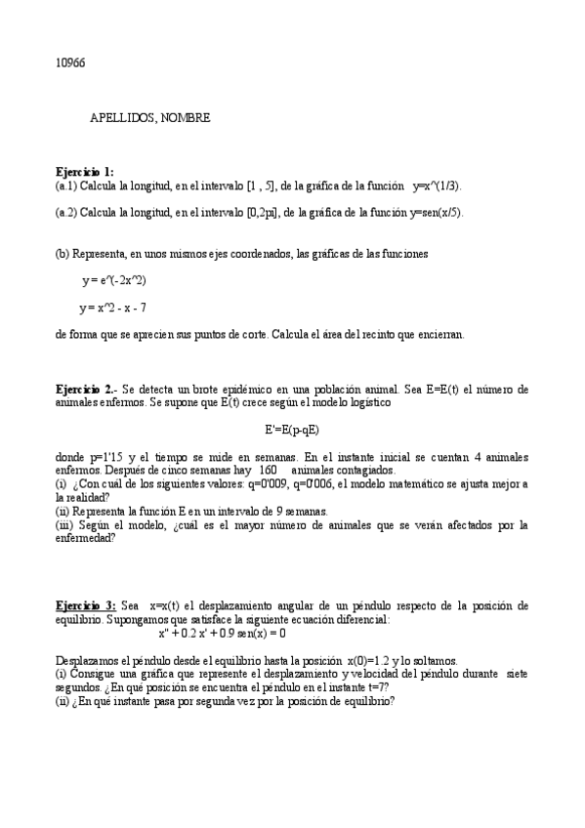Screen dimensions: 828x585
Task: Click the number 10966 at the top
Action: point(70,62)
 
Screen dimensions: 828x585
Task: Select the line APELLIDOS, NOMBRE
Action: point(149,117)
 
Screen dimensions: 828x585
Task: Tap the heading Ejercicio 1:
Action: point(84,171)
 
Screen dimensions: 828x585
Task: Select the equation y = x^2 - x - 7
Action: point(113,308)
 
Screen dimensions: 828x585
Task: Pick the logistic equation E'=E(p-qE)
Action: point(293,428)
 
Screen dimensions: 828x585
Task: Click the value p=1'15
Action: point(101,456)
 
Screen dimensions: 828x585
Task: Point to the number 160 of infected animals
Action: point(270,470)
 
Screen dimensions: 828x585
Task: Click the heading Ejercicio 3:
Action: point(86,605)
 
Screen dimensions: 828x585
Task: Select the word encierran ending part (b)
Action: point(439,334)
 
